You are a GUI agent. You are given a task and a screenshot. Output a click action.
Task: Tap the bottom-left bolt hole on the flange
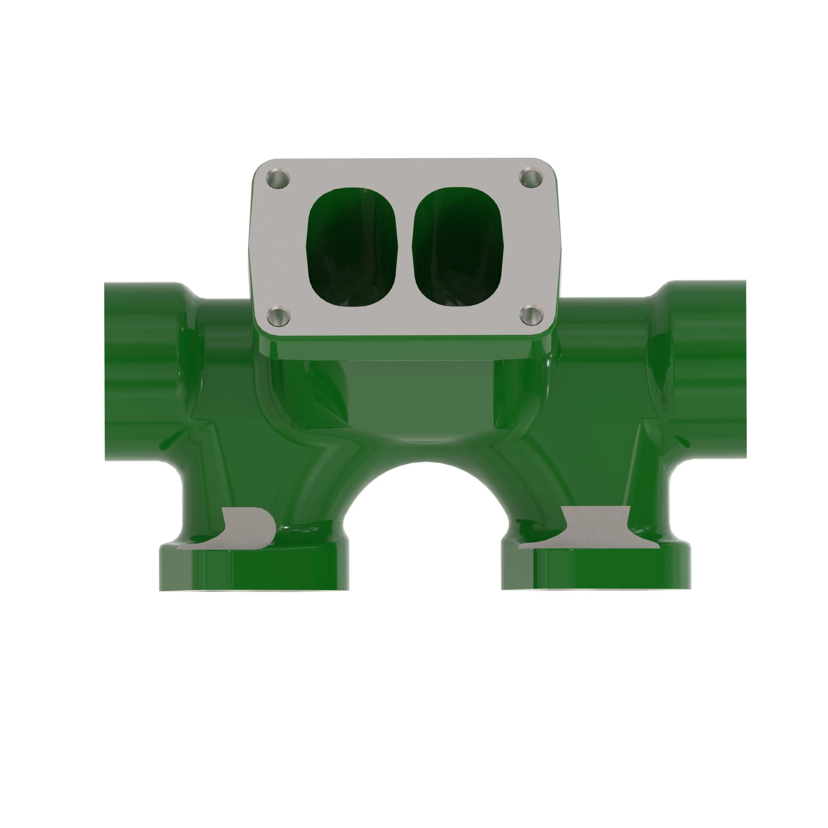[x=278, y=316]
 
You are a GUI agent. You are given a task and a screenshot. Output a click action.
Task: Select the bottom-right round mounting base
[x=596, y=568]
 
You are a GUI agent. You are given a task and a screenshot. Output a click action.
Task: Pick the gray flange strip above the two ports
[x=403, y=171]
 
